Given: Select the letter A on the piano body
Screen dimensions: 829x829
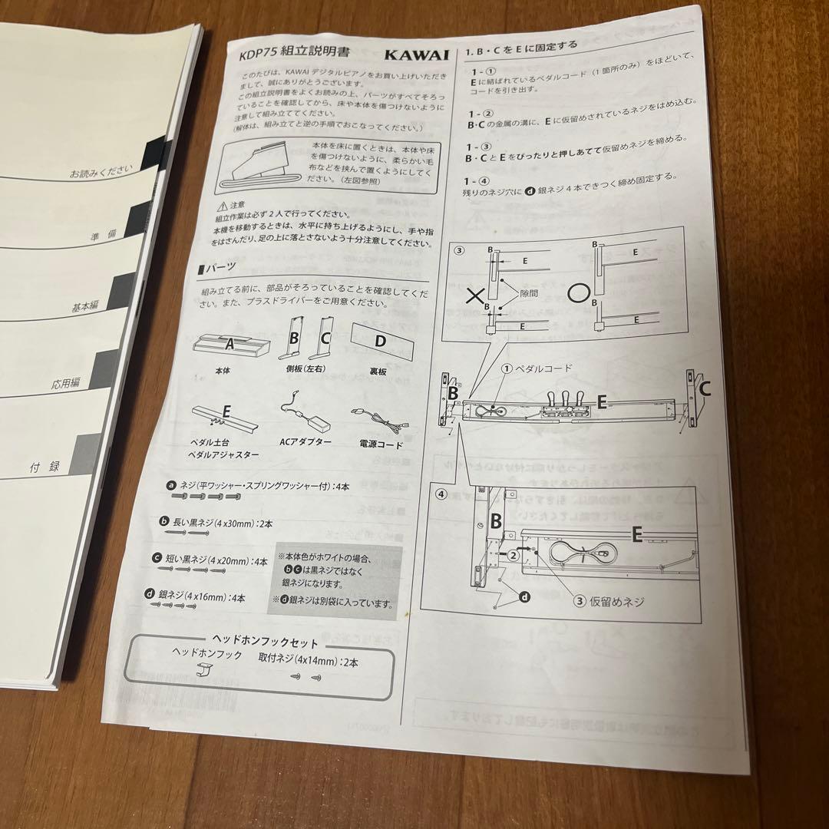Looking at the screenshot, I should pyautogui.click(x=229, y=345).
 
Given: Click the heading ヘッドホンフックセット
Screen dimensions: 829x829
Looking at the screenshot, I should pyautogui.click(x=263, y=639).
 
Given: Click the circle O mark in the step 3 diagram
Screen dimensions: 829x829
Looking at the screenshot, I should pyautogui.click(x=578, y=294).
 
